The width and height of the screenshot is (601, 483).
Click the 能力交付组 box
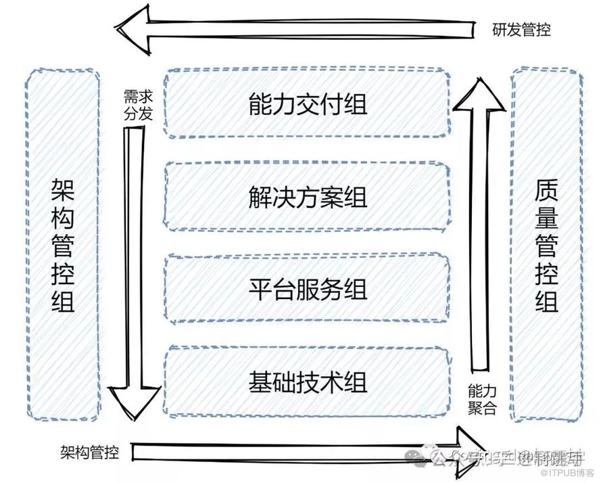(x=308, y=103)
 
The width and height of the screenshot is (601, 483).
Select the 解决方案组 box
(x=308, y=197)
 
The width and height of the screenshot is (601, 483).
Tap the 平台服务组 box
(x=308, y=290)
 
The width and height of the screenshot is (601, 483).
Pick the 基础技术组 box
(x=308, y=382)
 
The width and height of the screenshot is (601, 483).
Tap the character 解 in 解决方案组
(x=260, y=198)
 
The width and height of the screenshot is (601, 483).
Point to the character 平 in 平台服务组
(x=260, y=290)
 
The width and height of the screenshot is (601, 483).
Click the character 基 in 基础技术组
(x=260, y=383)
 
